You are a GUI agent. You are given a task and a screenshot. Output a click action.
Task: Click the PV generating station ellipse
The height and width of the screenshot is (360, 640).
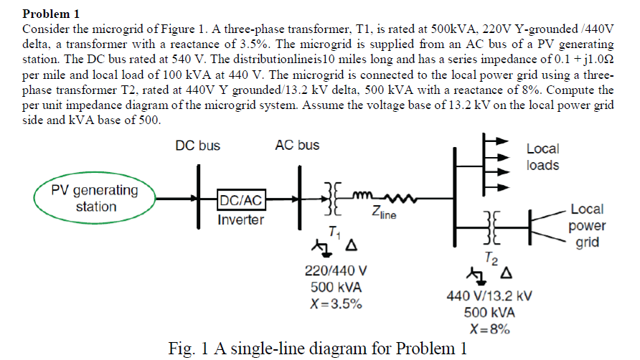click(95, 199)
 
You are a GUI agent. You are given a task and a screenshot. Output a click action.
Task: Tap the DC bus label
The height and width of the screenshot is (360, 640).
click(197, 146)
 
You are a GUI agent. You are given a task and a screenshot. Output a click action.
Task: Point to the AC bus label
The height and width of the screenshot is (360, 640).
click(297, 146)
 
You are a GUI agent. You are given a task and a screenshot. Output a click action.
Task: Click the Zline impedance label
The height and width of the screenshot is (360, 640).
click(384, 212)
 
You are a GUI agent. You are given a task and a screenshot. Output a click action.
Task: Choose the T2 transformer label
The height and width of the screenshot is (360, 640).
click(489, 257)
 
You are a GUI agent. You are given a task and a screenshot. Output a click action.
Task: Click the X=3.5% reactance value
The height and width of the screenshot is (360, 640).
click(336, 303)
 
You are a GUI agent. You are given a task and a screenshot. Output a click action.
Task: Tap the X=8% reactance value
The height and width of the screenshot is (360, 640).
click(489, 329)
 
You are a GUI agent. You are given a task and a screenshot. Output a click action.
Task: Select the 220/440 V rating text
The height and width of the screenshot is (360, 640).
click(336, 272)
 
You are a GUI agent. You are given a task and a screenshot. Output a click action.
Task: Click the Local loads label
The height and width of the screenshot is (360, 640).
click(542, 157)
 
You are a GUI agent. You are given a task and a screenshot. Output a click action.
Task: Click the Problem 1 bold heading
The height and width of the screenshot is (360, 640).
click(52, 14)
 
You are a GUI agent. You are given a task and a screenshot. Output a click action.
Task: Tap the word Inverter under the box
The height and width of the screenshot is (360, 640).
click(241, 219)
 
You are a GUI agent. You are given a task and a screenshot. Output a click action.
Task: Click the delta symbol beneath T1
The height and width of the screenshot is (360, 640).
click(351, 247)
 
